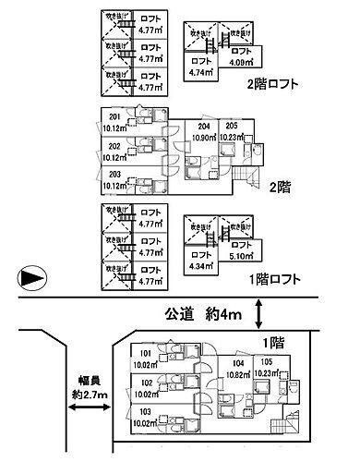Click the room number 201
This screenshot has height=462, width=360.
pyautogui.click(x=115, y=115)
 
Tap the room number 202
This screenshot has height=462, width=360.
pyautogui.click(x=115, y=146)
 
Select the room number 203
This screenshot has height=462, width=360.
pyautogui.click(x=115, y=175)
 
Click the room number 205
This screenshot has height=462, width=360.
pyautogui.click(x=232, y=126)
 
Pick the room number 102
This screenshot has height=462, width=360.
pyautogui.click(x=119, y=381)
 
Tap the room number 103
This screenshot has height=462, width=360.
pyautogui.click(x=119, y=411)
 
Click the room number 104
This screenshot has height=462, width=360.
pyautogui.click(x=238, y=365)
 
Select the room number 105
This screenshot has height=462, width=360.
pyautogui.click(x=266, y=362)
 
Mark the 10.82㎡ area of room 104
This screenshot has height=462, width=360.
pyautogui.click(x=238, y=376)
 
